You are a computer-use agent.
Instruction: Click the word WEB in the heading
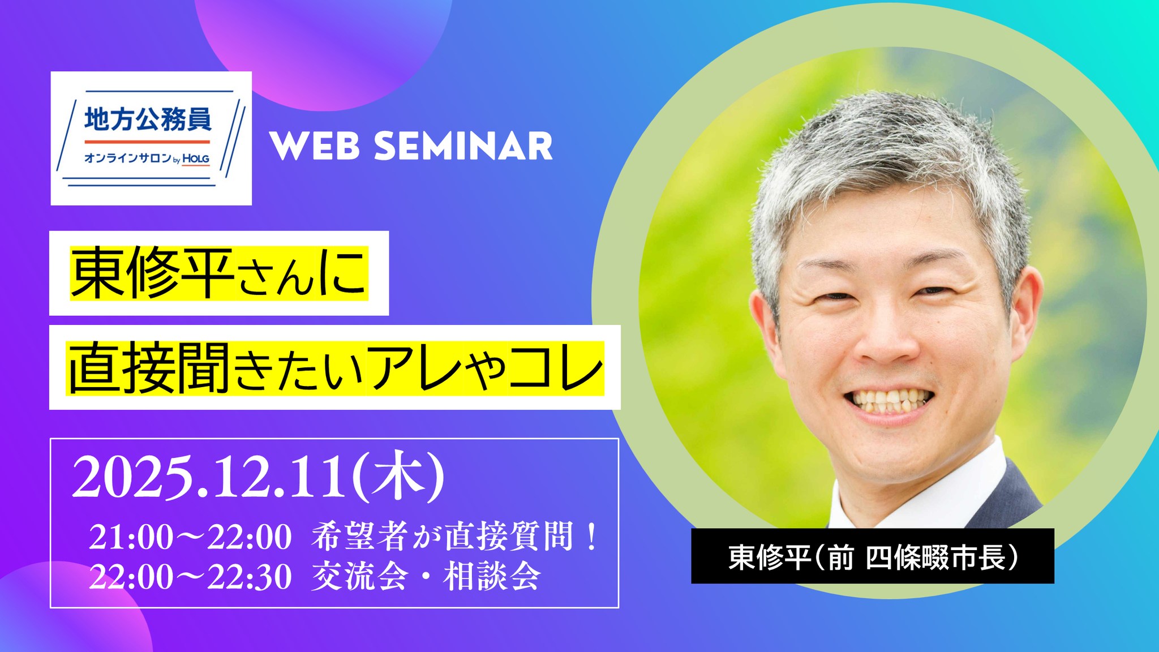314,146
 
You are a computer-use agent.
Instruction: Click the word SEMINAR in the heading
463,146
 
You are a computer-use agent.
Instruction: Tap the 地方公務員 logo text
148,119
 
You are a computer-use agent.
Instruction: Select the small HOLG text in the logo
196,159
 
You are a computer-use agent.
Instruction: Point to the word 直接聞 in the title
149,367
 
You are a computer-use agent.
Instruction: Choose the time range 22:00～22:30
190,577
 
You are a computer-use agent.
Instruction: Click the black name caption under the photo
872,556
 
